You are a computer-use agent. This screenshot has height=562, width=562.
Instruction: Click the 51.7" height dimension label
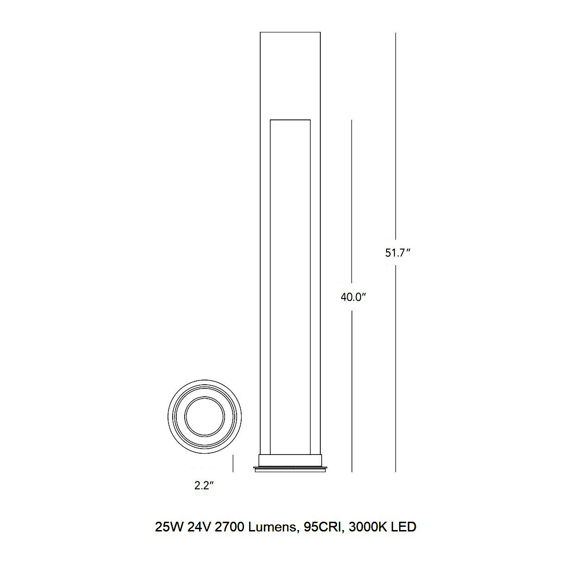pos(398,253)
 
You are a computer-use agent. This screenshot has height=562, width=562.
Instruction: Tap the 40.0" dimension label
pos(353,297)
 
